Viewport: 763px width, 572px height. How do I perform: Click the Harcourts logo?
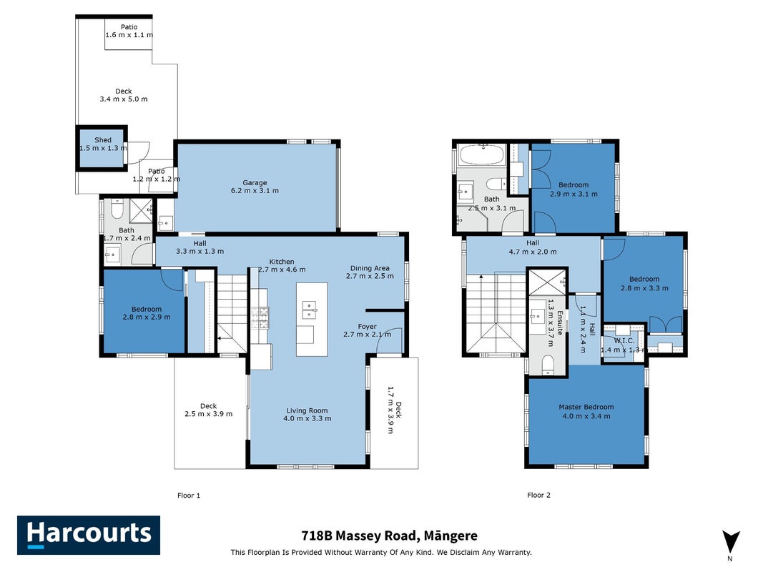click(89, 535)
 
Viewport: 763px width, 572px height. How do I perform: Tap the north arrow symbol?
click(731, 543)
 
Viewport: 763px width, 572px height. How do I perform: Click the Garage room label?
click(255, 183)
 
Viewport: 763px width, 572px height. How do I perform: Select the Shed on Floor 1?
click(102, 148)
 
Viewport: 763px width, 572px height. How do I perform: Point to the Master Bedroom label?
click(586, 407)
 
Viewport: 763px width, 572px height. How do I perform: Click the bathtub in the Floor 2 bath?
click(482, 154)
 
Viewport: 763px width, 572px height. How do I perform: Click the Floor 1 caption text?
click(189, 495)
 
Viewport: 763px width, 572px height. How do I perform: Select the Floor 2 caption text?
click(538, 495)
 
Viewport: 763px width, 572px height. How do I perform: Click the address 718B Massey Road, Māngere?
click(389, 536)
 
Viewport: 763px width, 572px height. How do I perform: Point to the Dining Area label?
click(370, 268)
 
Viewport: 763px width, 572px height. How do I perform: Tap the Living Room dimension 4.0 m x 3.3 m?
click(307, 418)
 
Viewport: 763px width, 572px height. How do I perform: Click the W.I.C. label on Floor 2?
click(624, 341)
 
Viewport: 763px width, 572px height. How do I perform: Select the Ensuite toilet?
click(548, 365)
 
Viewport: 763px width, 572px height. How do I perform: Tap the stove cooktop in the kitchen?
click(260, 317)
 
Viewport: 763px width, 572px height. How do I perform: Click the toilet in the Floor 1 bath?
click(117, 209)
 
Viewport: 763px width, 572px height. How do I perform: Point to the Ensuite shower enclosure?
click(548, 282)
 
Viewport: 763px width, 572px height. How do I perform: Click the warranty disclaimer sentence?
click(381, 553)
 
